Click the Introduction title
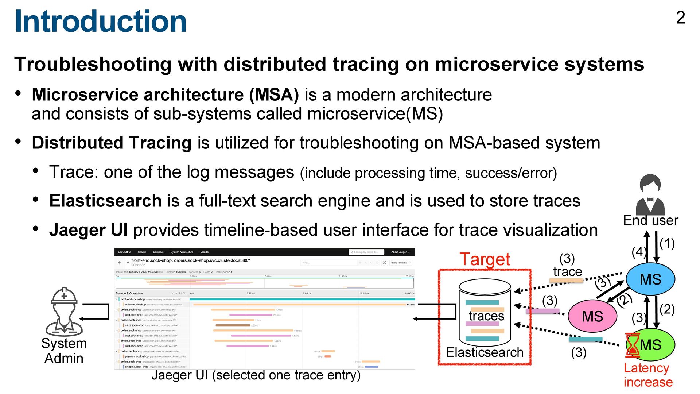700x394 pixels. [x=100, y=21]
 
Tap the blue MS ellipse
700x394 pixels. [x=650, y=279]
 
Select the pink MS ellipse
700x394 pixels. [x=592, y=316]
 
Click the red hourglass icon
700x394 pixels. [x=633, y=345]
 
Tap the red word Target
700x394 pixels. [x=485, y=259]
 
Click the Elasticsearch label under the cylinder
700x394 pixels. [x=485, y=352]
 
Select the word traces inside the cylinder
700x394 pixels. [x=486, y=316]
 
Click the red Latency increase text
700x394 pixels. [x=648, y=375]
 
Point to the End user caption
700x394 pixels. [x=650, y=220]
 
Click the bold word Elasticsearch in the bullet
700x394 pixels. [x=105, y=201]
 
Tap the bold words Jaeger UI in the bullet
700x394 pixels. [x=88, y=230]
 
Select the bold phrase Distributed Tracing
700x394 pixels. [x=112, y=143]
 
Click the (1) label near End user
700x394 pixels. [x=667, y=243]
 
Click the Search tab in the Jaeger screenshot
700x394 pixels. [x=142, y=252]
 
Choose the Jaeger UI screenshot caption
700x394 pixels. [x=256, y=375]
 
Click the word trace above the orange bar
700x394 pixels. [x=567, y=272]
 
